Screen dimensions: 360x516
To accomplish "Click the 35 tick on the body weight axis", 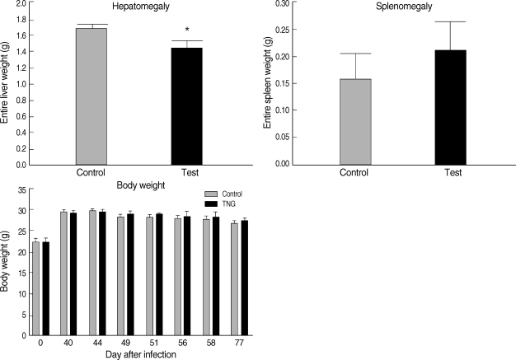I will (x=21, y=191).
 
